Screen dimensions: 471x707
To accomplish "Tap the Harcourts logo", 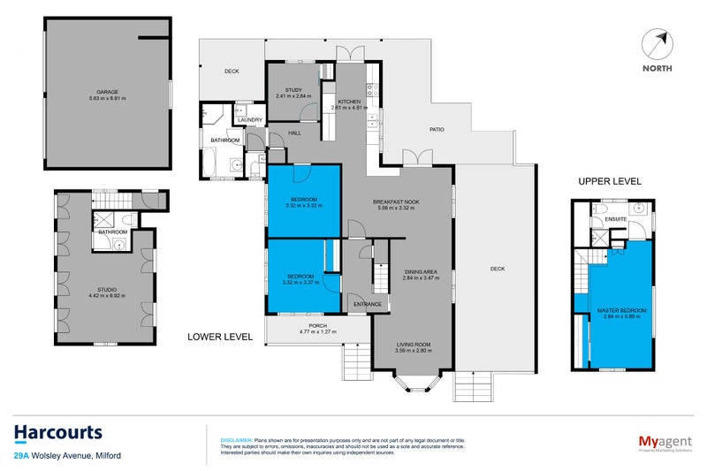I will (58, 433).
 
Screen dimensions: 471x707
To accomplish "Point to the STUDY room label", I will (293, 89).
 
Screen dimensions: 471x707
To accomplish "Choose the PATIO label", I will (437, 130).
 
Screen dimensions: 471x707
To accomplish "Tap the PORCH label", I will (318, 326).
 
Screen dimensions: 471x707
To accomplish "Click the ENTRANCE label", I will (367, 305).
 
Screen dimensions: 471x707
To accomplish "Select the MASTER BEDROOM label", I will (621, 311).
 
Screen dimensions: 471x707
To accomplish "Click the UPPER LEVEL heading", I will (610, 181).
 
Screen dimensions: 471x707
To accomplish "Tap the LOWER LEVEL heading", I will (220, 337).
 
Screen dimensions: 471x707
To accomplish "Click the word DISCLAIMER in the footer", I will (234, 439).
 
